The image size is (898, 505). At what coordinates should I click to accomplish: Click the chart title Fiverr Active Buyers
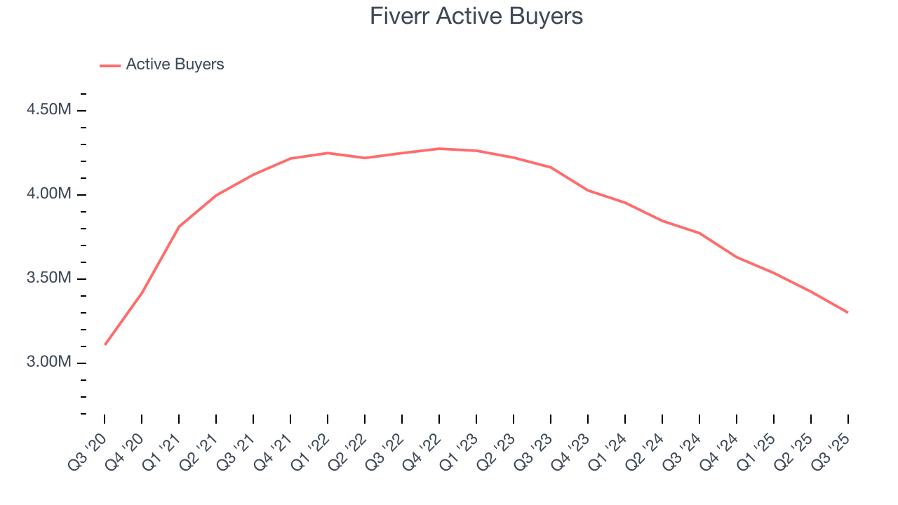(x=476, y=17)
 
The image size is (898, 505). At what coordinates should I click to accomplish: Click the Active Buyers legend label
(x=175, y=65)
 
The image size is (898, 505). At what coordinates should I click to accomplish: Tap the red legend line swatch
(x=110, y=65)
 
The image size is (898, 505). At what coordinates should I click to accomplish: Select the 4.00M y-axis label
(x=48, y=194)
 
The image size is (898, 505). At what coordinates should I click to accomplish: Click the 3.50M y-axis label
(x=48, y=278)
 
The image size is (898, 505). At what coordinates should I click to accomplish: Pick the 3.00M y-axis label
(x=48, y=363)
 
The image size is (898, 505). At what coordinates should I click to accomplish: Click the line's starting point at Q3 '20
(x=105, y=344)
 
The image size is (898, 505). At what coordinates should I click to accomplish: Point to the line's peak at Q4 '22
(x=439, y=149)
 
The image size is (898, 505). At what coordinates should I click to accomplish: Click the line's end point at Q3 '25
(x=847, y=312)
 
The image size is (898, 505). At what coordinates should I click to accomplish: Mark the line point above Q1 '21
(x=179, y=227)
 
